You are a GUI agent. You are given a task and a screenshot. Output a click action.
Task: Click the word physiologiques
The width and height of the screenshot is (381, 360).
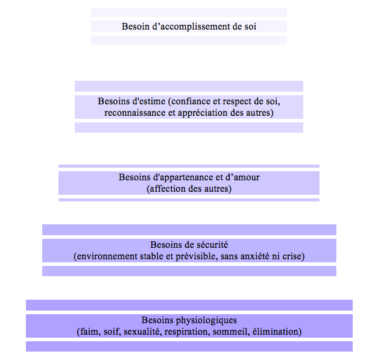[206, 320]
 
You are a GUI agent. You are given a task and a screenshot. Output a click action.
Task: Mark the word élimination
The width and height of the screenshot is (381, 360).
[275, 332]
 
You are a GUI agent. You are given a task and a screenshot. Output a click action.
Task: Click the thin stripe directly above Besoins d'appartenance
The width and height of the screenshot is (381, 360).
[189, 166]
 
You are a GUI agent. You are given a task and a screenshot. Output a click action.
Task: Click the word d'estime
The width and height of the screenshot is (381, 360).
[149, 101]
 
